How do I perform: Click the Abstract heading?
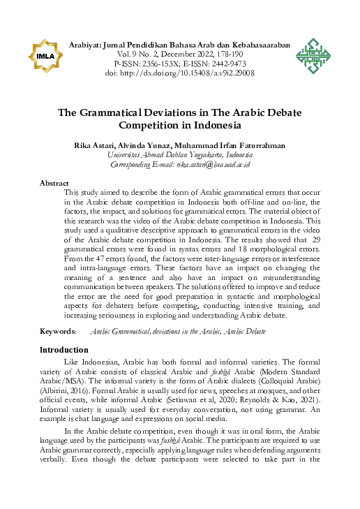[x=54, y=183]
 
